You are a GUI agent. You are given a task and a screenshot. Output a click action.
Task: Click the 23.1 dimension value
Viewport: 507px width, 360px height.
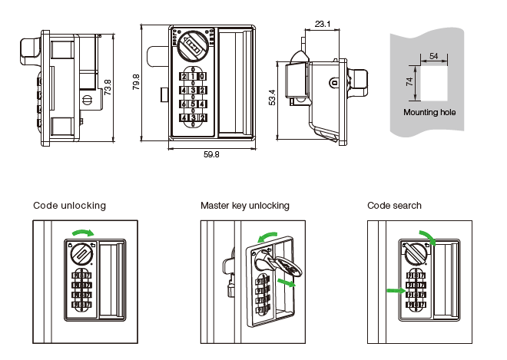click(x=323, y=24)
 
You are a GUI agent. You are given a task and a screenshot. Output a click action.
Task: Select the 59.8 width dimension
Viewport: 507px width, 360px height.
click(x=211, y=154)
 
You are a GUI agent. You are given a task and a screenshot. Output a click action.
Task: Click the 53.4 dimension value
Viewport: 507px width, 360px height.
click(x=271, y=97)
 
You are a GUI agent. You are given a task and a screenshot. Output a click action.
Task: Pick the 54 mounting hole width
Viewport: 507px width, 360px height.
click(x=434, y=56)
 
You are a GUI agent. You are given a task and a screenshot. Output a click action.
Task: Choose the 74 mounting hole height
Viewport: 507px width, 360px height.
click(x=409, y=81)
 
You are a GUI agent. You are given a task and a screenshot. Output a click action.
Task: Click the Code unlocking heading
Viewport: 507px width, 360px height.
click(x=69, y=206)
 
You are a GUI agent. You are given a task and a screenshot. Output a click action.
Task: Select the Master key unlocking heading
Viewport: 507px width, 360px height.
click(x=244, y=206)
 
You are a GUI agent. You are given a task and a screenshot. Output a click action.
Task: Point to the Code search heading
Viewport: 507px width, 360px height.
click(x=394, y=206)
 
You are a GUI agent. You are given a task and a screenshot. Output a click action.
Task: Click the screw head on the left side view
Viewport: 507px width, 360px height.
click(x=87, y=99)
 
